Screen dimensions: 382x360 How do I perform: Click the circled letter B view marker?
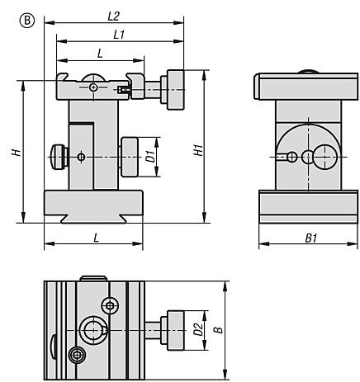tap(11, 12)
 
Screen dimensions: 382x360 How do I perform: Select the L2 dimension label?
tap(114, 16)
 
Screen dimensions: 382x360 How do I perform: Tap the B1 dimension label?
tap(310, 238)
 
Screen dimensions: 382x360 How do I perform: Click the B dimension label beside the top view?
tap(218, 329)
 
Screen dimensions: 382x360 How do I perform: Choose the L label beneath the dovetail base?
tap(95, 237)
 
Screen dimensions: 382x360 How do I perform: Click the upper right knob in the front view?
tap(175, 90)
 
